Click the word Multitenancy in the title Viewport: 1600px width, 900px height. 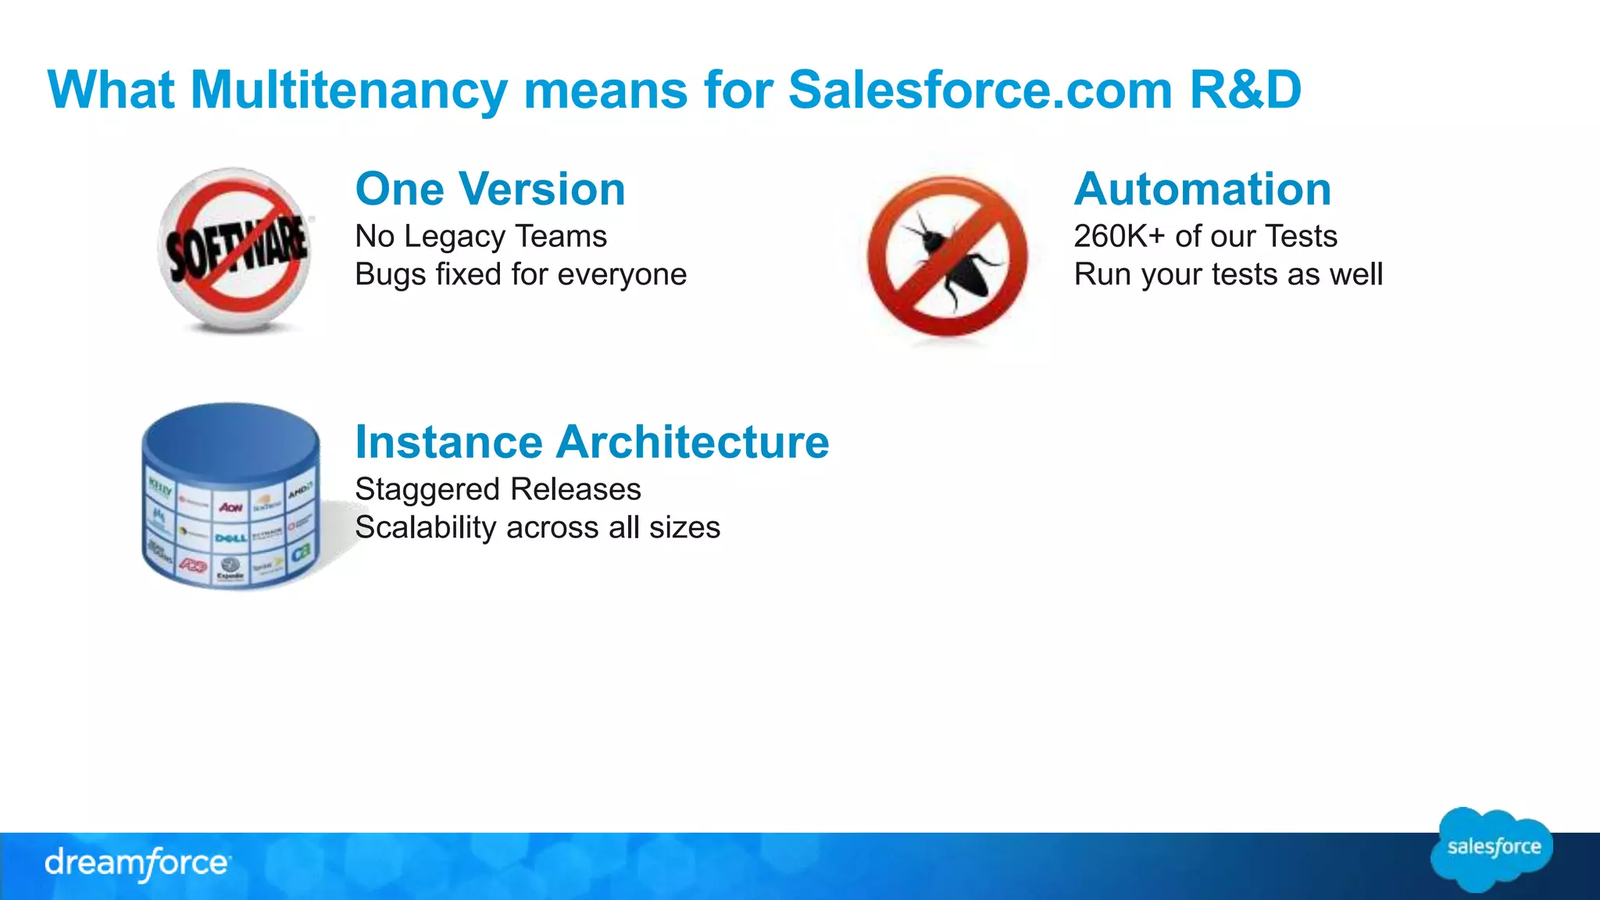(x=348, y=91)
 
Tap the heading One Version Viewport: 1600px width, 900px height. (x=490, y=189)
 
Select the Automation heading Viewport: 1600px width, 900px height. (x=1202, y=189)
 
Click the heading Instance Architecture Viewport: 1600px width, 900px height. (x=591, y=442)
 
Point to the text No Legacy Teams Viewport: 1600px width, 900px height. (x=480, y=236)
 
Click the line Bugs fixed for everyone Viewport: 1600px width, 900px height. (x=520, y=274)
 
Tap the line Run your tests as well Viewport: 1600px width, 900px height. (x=1227, y=274)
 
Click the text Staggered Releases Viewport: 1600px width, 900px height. (x=498, y=489)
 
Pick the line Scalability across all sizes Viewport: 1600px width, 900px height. (x=537, y=527)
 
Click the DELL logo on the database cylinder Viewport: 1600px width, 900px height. (x=230, y=537)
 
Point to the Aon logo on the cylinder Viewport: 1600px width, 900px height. (x=230, y=508)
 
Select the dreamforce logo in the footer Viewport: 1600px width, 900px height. (x=137, y=863)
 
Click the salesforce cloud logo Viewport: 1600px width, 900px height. (x=1492, y=848)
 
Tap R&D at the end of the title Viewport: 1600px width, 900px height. (x=1245, y=91)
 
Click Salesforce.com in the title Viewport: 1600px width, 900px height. (x=980, y=91)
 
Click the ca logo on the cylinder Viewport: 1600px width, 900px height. (x=302, y=552)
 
